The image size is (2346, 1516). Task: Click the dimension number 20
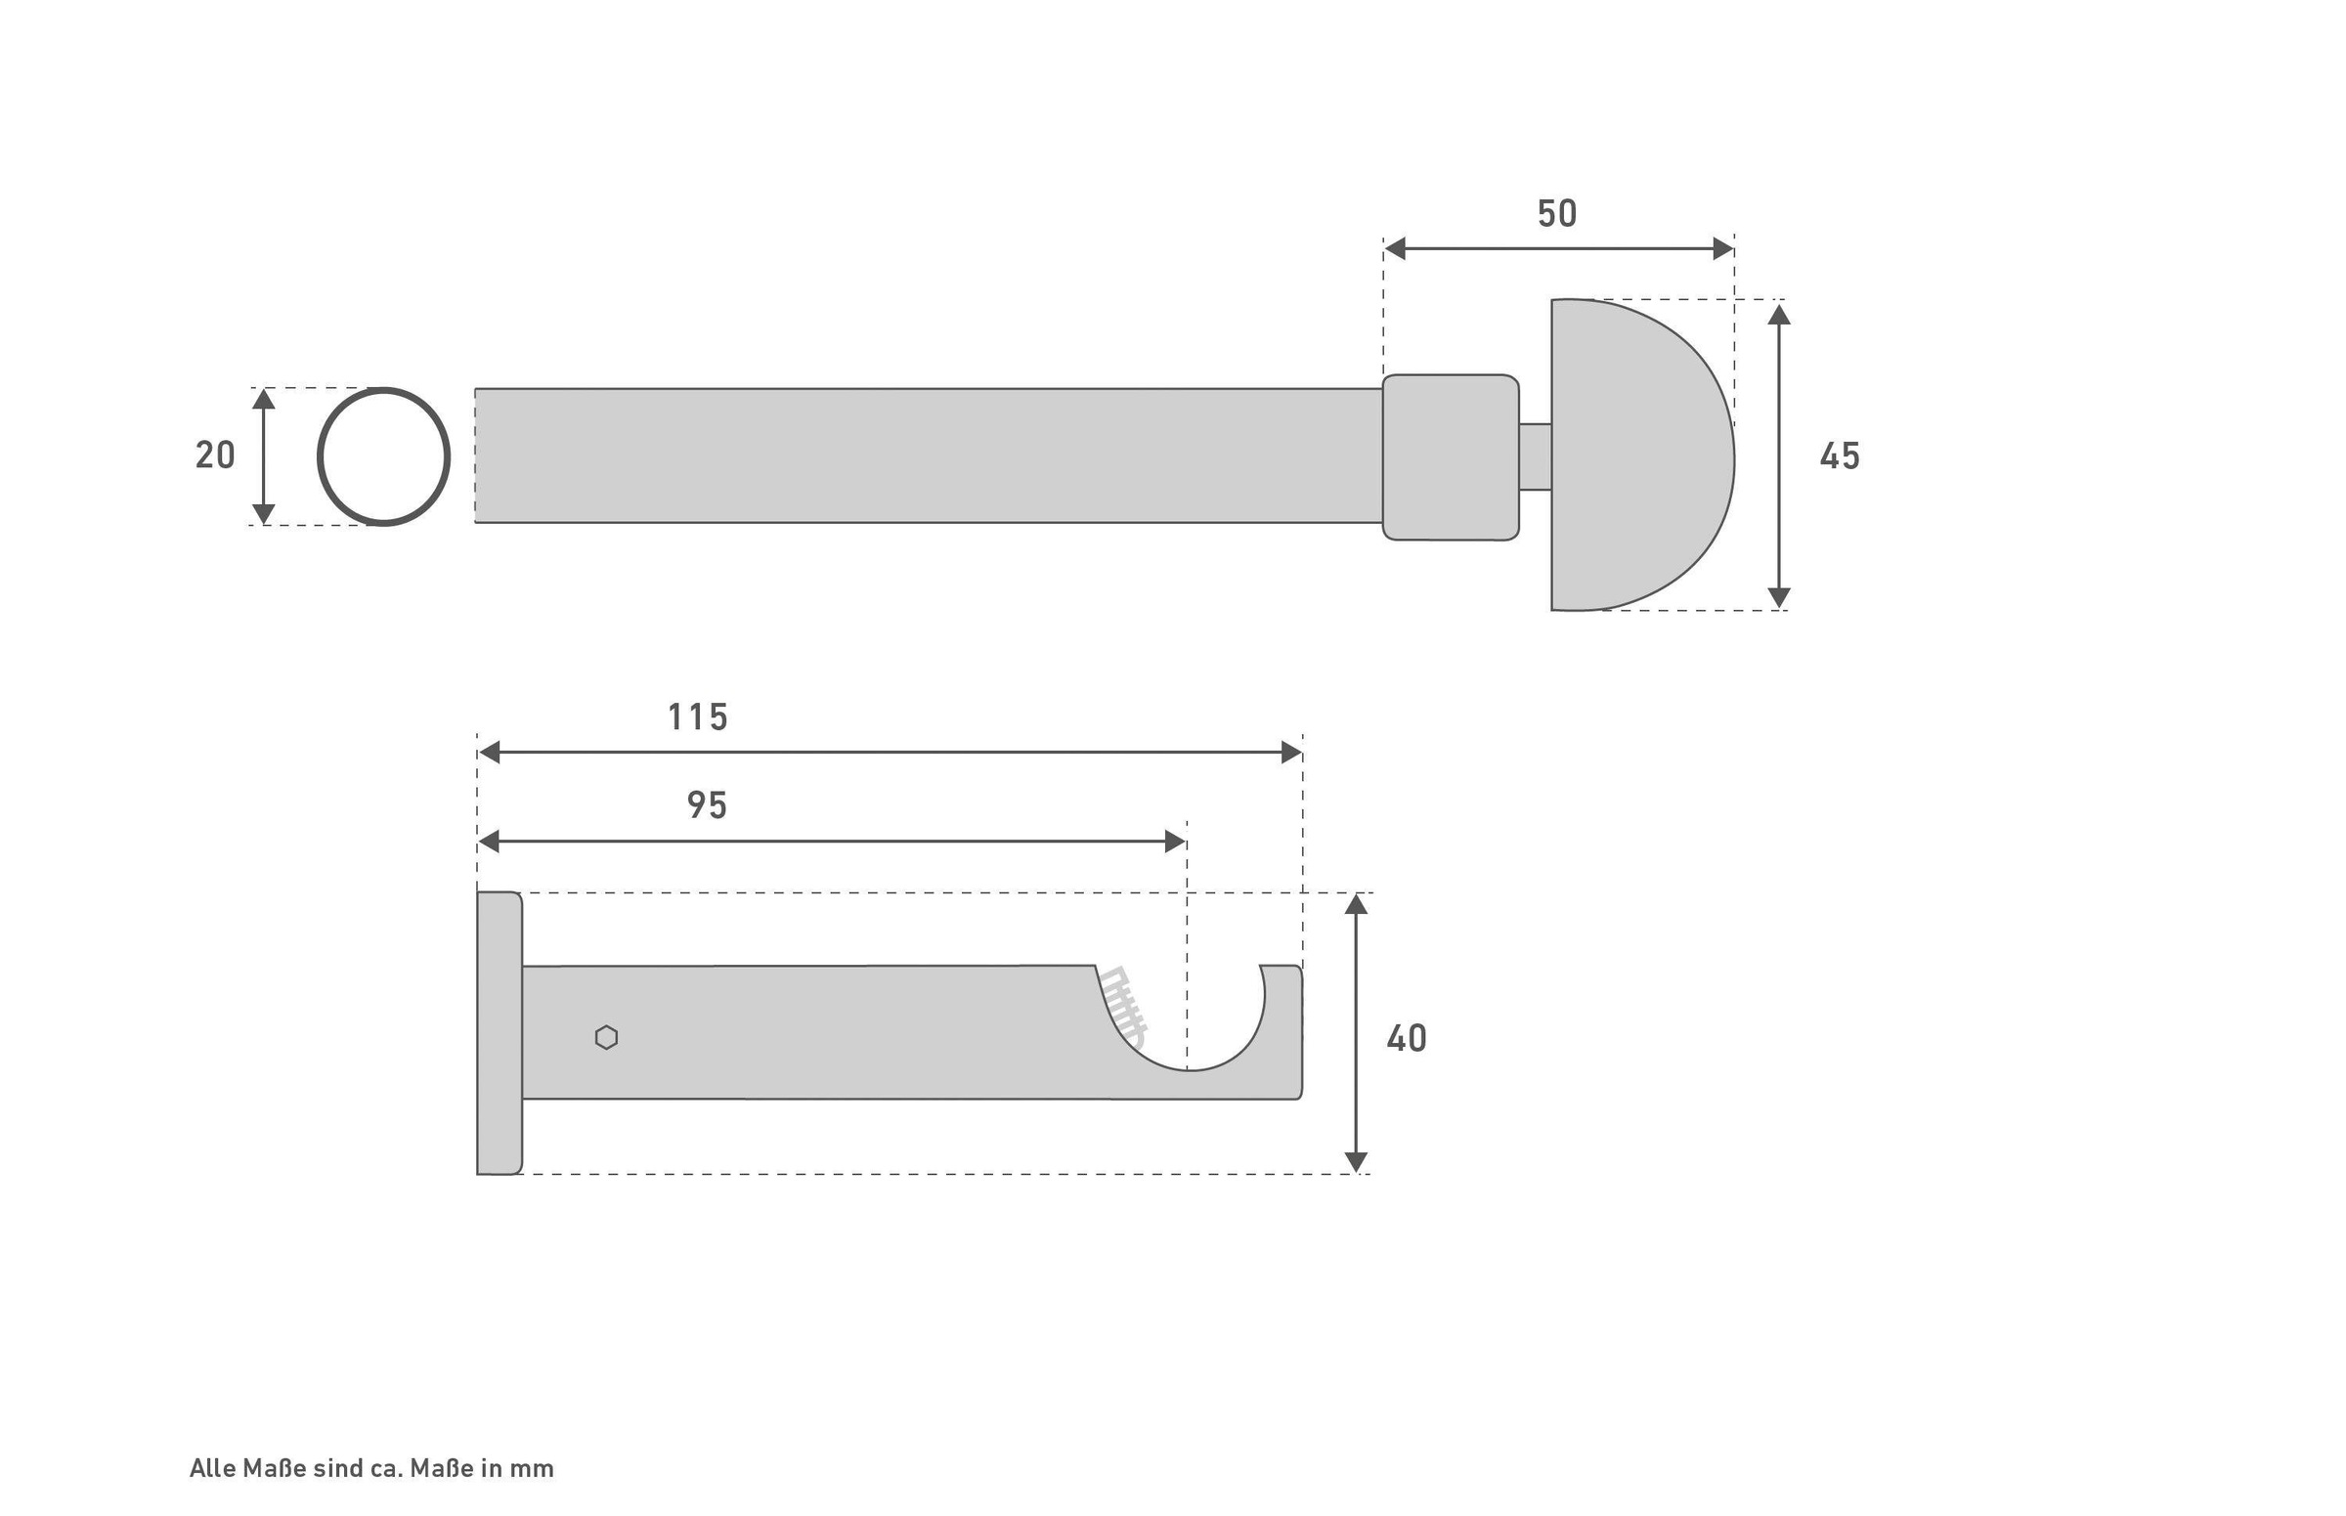click(215, 455)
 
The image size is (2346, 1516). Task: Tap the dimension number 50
click(1556, 214)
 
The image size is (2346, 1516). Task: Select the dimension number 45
click(1839, 455)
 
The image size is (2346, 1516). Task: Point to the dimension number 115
click(698, 717)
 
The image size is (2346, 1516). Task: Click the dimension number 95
click(706, 805)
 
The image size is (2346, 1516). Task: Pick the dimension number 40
click(1406, 1038)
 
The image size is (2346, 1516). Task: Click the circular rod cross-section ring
click(320, 456)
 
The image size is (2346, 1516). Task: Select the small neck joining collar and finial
click(1535, 455)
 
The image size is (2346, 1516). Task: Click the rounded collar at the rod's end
click(1451, 456)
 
